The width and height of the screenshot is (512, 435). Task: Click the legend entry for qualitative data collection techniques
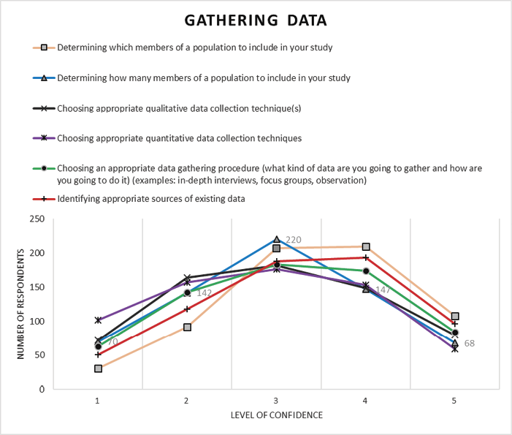[179, 108]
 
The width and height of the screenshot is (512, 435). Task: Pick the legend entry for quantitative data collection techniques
[179, 137]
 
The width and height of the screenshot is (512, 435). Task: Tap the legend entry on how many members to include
[203, 77]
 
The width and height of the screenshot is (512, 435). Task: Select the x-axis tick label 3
[276, 401]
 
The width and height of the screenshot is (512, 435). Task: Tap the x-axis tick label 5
[454, 401]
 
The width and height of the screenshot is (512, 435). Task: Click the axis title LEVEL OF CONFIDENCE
[276, 415]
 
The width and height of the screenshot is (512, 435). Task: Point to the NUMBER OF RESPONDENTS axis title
[22, 304]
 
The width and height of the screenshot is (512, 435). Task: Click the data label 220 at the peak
[293, 240]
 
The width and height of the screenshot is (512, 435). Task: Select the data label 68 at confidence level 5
[470, 343]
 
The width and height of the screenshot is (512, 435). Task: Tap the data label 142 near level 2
[204, 292]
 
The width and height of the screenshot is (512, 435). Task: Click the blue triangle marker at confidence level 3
[276, 239]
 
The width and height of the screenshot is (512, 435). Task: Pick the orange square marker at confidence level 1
[98, 368]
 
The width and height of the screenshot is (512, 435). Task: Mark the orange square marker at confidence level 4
[366, 247]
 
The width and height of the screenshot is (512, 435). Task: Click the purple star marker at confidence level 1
[98, 320]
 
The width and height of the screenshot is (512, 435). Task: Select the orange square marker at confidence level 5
[454, 317]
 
